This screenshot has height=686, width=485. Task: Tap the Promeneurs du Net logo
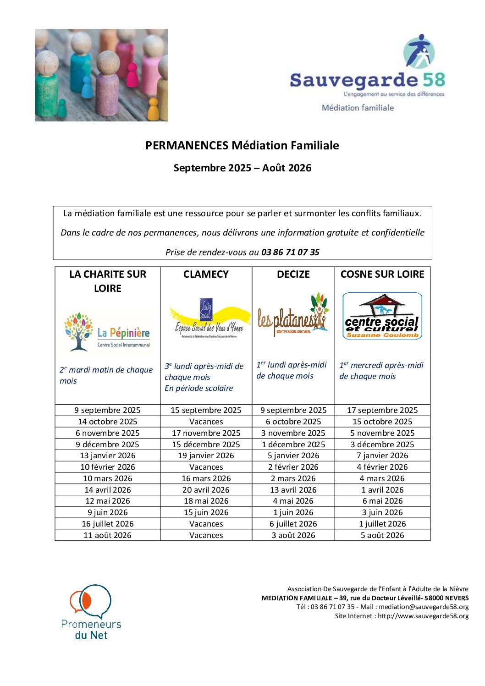[x=91, y=612]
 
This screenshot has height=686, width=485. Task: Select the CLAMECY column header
[x=206, y=274]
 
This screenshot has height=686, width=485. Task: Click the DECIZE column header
[x=293, y=274]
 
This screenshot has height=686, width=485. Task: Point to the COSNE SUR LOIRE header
[x=382, y=274]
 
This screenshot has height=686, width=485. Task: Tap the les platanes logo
[x=293, y=315]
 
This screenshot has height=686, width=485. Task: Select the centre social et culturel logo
[x=382, y=316]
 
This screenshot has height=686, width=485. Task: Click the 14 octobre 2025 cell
[x=108, y=422]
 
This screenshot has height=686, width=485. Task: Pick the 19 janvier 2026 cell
[x=206, y=456]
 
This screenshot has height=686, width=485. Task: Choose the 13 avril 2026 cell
[x=293, y=490]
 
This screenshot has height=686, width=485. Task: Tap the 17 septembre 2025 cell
[x=382, y=410]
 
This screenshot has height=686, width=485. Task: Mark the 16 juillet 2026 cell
[x=108, y=524]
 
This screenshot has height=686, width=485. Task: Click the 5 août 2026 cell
[x=382, y=535]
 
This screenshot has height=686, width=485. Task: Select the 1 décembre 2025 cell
[x=293, y=445]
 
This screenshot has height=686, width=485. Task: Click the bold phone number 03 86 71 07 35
[x=290, y=252]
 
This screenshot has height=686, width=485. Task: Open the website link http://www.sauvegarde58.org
[x=423, y=616]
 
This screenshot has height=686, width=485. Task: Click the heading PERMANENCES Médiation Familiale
[x=242, y=146]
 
